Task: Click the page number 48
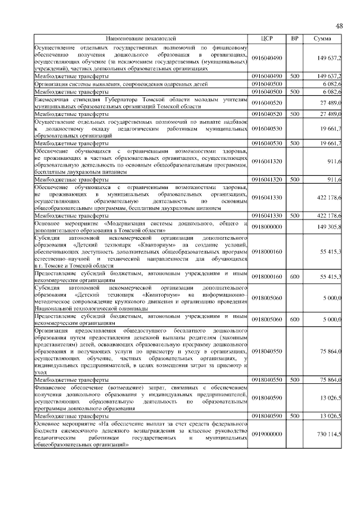pos(339,26)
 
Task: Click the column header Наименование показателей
pos(141,38)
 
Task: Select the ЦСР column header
pos(267,38)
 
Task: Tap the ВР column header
pos(294,38)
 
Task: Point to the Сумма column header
pos(323,38)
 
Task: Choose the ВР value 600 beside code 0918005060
pos(294,319)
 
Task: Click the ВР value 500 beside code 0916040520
pos(294,114)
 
